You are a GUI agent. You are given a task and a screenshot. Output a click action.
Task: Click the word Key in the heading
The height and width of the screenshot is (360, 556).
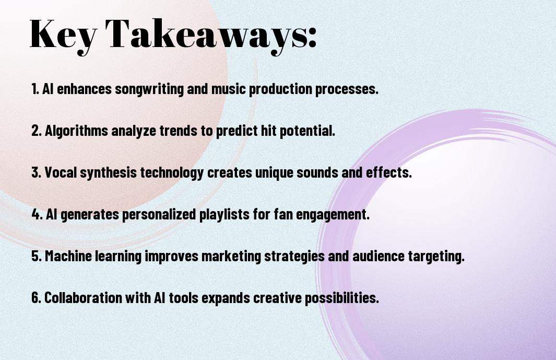pos(63,35)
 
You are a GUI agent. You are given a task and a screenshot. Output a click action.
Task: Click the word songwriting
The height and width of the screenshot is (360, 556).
pos(149,89)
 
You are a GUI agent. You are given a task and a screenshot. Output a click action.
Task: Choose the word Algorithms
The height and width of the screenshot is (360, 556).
pos(76,131)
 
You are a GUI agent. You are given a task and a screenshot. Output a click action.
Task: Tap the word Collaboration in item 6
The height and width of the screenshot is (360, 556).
pos(84,297)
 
